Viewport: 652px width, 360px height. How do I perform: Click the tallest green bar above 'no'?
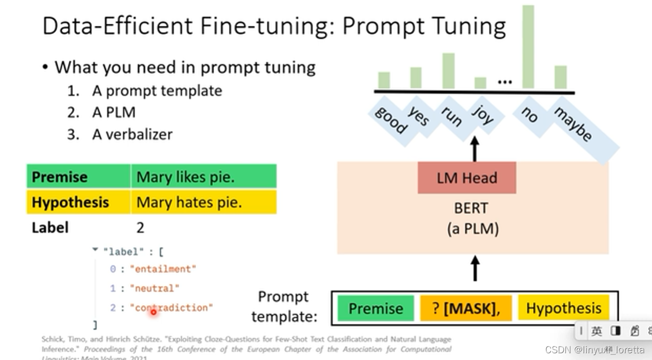pyautogui.click(x=528, y=47)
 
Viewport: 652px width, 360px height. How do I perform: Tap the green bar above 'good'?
pyautogui.click(x=384, y=80)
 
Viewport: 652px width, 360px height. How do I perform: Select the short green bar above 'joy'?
pyautogui.click(x=480, y=83)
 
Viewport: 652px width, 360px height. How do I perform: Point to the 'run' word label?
pyautogui.click(x=452, y=117)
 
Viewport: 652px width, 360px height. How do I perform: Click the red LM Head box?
pyautogui.click(x=466, y=178)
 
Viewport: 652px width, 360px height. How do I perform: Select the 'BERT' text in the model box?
pyautogui.click(x=471, y=208)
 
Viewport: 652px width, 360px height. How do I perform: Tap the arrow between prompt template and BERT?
pyautogui.click(x=475, y=268)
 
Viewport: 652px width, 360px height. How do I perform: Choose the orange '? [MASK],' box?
pyautogui.click(x=466, y=308)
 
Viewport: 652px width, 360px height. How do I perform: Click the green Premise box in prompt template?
pyautogui.click(x=376, y=308)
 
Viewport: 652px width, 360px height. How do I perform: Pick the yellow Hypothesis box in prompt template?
pyautogui.click(x=563, y=308)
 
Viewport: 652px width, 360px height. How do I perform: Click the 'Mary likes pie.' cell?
pyautogui.click(x=185, y=177)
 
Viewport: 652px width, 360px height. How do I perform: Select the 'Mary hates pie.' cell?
pyautogui.click(x=189, y=202)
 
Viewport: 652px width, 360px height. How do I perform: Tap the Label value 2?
pyautogui.click(x=140, y=227)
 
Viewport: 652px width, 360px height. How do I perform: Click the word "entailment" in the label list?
pyautogui.click(x=163, y=269)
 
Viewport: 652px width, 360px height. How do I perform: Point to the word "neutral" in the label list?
pyautogui.click(x=155, y=288)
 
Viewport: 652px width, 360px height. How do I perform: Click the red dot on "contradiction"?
pyautogui.click(x=154, y=312)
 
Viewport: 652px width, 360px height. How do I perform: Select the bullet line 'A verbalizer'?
pyautogui.click(x=132, y=134)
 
